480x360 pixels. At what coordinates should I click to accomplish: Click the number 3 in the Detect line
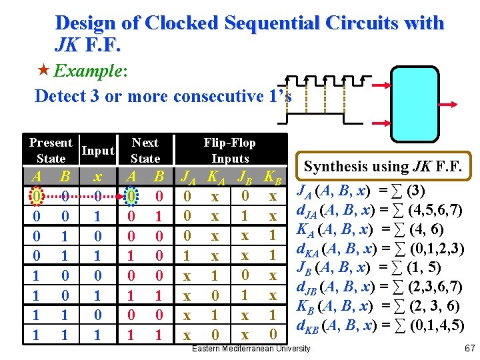[95, 96]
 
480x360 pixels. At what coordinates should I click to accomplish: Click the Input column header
[97, 151]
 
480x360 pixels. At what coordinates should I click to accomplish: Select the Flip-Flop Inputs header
[229, 151]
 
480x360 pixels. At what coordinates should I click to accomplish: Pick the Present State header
[51, 151]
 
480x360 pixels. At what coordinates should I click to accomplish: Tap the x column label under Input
[98, 177]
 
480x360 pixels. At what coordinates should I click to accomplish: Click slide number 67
[468, 349]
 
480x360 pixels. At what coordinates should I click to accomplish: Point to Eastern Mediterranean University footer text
[251, 349]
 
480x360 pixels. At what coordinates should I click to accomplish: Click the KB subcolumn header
[272, 178]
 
